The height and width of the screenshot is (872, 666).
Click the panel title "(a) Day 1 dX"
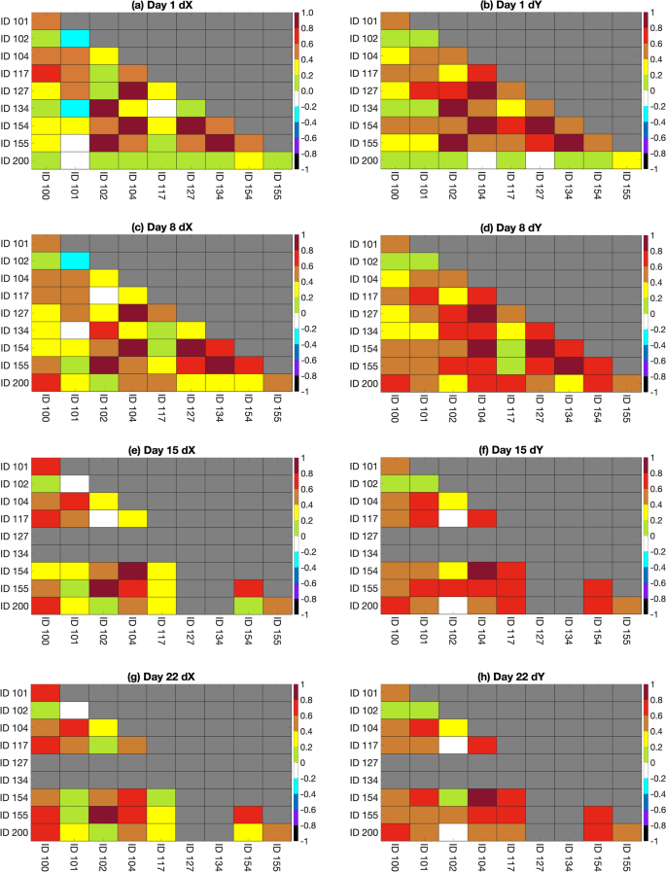[161, 7]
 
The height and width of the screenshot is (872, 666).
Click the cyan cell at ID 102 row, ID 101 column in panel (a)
[75, 39]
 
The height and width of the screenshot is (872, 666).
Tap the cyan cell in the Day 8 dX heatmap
[75, 261]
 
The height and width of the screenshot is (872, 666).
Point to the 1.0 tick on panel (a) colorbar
[307, 13]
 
